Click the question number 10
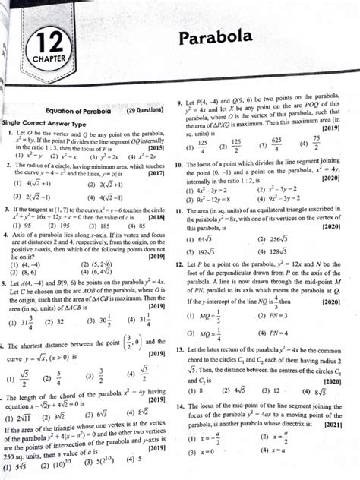[x=178, y=165]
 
